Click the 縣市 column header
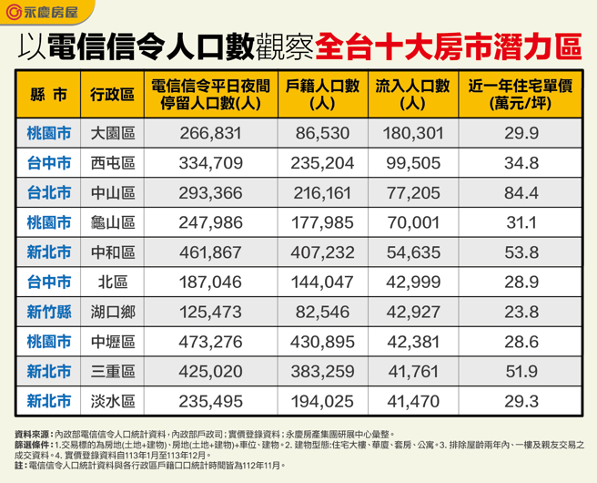[x=48, y=96]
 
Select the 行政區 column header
[x=113, y=96]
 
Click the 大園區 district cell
[x=113, y=134]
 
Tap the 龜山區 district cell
[x=113, y=223]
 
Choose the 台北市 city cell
[x=48, y=193]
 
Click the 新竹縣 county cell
[x=48, y=312]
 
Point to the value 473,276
[x=211, y=342]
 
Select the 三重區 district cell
[x=113, y=371]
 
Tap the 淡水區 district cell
[x=113, y=401]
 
